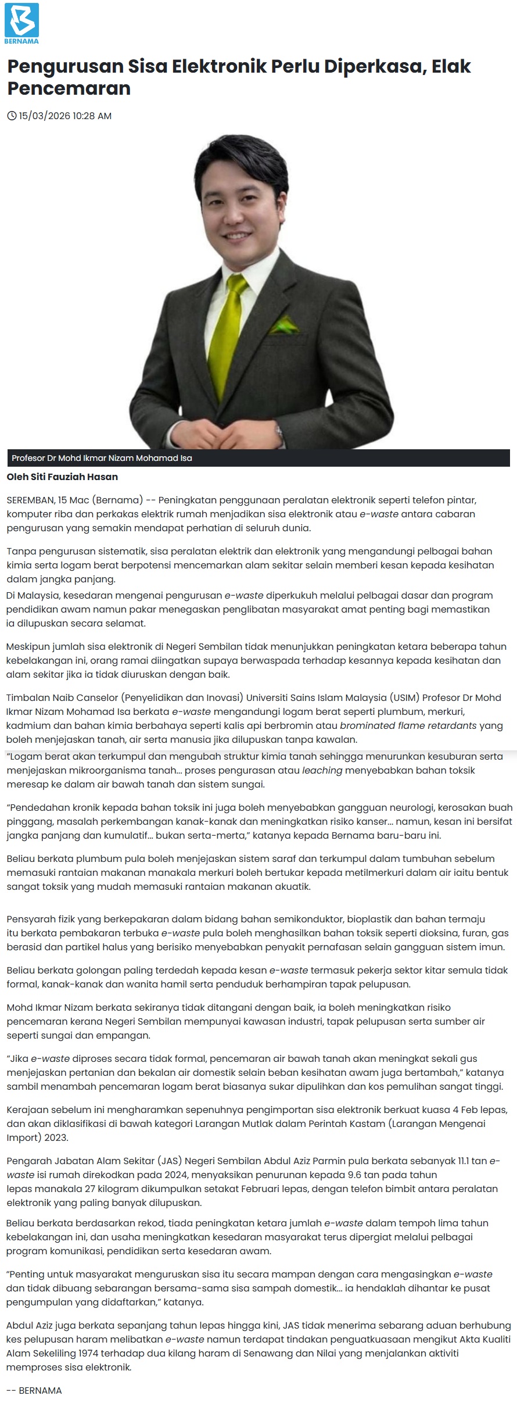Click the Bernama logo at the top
[21, 23]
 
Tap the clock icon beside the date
[12, 116]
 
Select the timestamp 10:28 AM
[92, 116]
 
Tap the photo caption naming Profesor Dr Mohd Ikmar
[102, 458]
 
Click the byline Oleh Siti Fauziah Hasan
[62, 477]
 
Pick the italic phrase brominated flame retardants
[408, 725]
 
